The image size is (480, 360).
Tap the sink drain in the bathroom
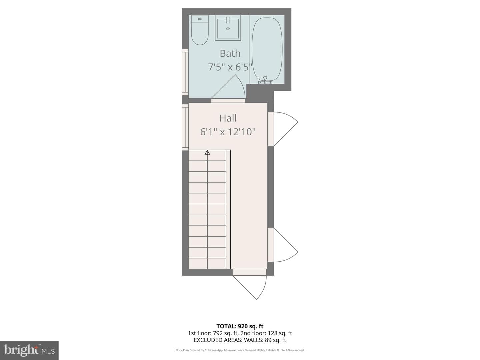(x=228, y=29)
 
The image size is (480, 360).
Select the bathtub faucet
(x=265, y=80)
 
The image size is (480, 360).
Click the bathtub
(x=267, y=50)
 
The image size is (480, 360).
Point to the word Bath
(x=230, y=53)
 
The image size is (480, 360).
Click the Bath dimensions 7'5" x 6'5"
(x=230, y=67)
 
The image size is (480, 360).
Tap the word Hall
(x=228, y=118)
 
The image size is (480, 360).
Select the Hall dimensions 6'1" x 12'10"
(x=228, y=132)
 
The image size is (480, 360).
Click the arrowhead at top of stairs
(x=207, y=152)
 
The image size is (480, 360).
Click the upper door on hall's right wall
(x=283, y=129)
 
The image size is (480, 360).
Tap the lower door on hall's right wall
(x=283, y=245)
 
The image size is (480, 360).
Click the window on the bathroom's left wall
(x=185, y=72)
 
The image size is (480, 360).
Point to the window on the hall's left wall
(x=185, y=127)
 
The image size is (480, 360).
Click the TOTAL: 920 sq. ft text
(x=240, y=326)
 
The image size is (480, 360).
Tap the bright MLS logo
(x=29, y=350)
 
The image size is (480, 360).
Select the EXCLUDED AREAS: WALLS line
(x=240, y=340)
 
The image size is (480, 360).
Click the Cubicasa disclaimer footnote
(x=240, y=350)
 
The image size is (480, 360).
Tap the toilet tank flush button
(x=200, y=19)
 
